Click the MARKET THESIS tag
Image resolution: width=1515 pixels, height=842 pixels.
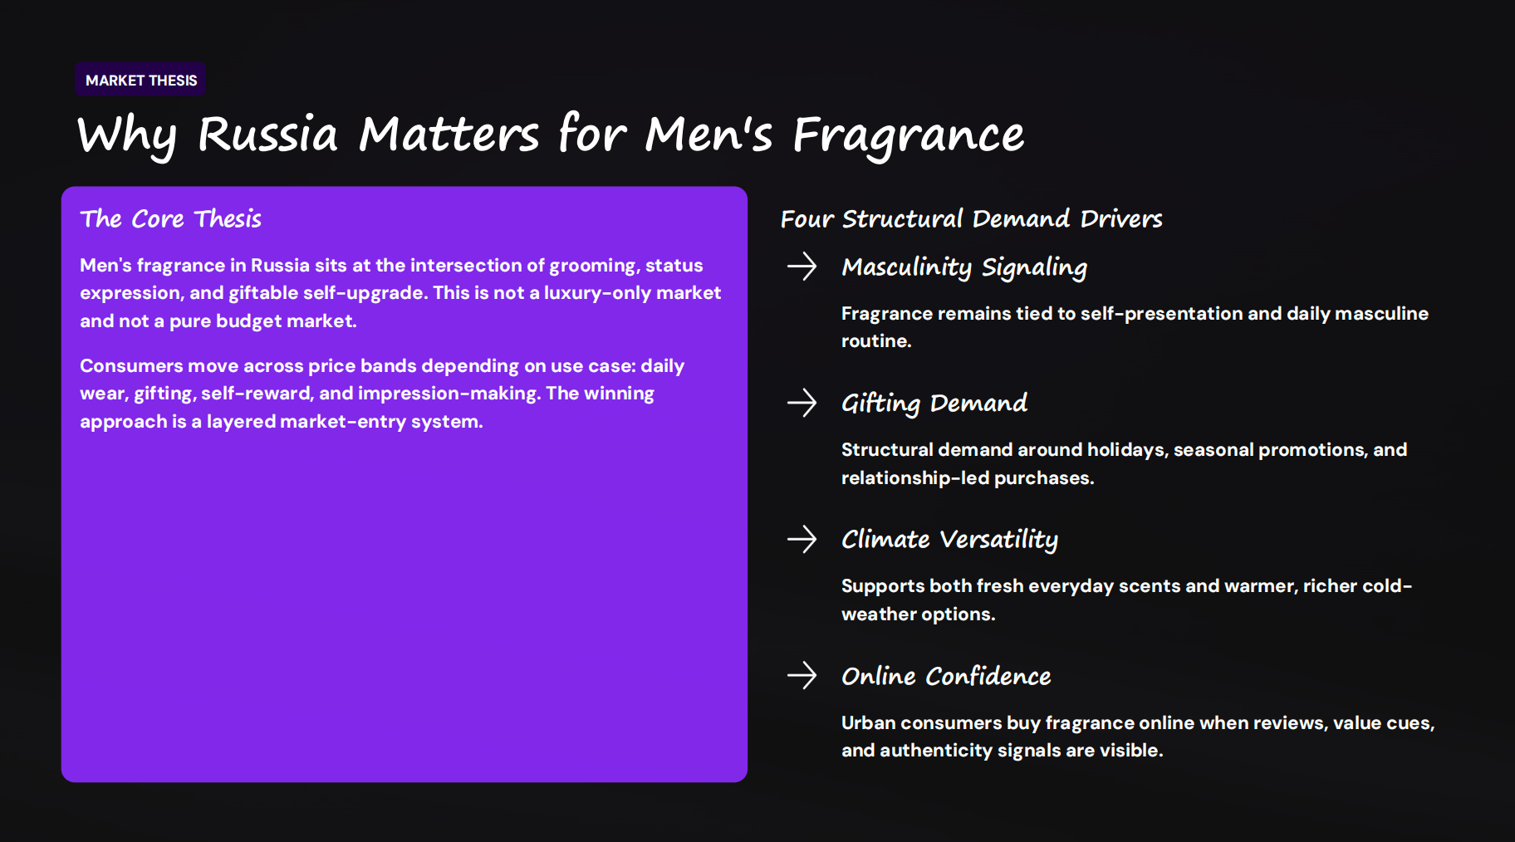(141, 81)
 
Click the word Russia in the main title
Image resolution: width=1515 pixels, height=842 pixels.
(267, 135)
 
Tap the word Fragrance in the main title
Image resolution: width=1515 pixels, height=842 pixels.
(908, 135)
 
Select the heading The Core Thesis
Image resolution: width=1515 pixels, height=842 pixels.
(170, 219)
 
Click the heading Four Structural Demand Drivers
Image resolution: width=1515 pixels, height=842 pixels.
(971, 219)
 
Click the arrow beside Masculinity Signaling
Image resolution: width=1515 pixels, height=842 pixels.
(802, 267)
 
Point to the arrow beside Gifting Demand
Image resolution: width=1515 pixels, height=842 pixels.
(802, 403)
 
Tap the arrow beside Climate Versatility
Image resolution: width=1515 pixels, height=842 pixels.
(802, 539)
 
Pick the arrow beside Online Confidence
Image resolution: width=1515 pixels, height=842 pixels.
(802, 675)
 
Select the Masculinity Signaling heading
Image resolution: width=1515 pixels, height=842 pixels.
(963, 267)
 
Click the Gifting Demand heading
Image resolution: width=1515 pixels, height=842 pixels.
(934, 404)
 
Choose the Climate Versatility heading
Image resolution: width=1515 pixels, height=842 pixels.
(949, 540)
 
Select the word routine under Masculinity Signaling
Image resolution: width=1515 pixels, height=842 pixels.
(875, 341)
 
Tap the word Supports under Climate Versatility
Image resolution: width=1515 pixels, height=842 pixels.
(882, 586)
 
